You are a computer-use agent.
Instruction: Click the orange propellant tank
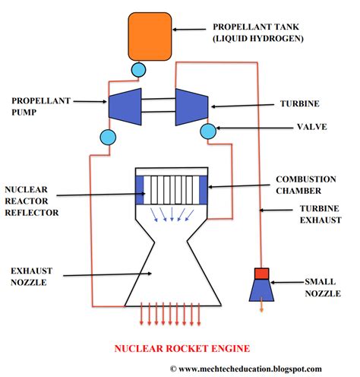pyautogui.click(x=150, y=36)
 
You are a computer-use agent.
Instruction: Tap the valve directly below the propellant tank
pyautogui.click(x=138, y=70)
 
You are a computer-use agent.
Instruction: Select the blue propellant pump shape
pyautogui.click(x=125, y=106)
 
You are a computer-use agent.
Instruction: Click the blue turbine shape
pyautogui.click(x=192, y=107)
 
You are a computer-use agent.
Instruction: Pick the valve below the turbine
pyautogui.click(x=208, y=131)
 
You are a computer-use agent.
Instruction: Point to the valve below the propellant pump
pyautogui.click(x=108, y=137)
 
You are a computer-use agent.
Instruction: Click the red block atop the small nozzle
pyautogui.click(x=261, y=274)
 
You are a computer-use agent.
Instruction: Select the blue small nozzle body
pyautogui.click(x=261, y=290)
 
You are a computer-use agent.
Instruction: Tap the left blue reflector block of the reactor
pyautogui.click(x=140, y=190)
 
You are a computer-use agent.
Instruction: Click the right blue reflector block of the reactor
pyautogui.click(x=204, y=190)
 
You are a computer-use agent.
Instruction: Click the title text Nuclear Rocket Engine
pyautogui.click(x=182, y=349)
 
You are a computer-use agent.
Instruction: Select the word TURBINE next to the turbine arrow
pyautogui.click(x=300, y=103)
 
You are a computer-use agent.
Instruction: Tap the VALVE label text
pyautogui.click(x=312, y=127)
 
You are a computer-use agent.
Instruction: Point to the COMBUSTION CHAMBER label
pyautogui.click(x=306, y=185)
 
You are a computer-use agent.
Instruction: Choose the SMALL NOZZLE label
pyautogui.click(x=323, y=287)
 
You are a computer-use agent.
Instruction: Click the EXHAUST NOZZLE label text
pyautogui.click(x=31, y=277)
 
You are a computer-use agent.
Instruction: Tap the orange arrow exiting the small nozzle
pyautogui.click(x=261, y=305)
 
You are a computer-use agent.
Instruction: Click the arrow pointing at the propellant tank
pyautogui.click(x=189, y=30)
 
